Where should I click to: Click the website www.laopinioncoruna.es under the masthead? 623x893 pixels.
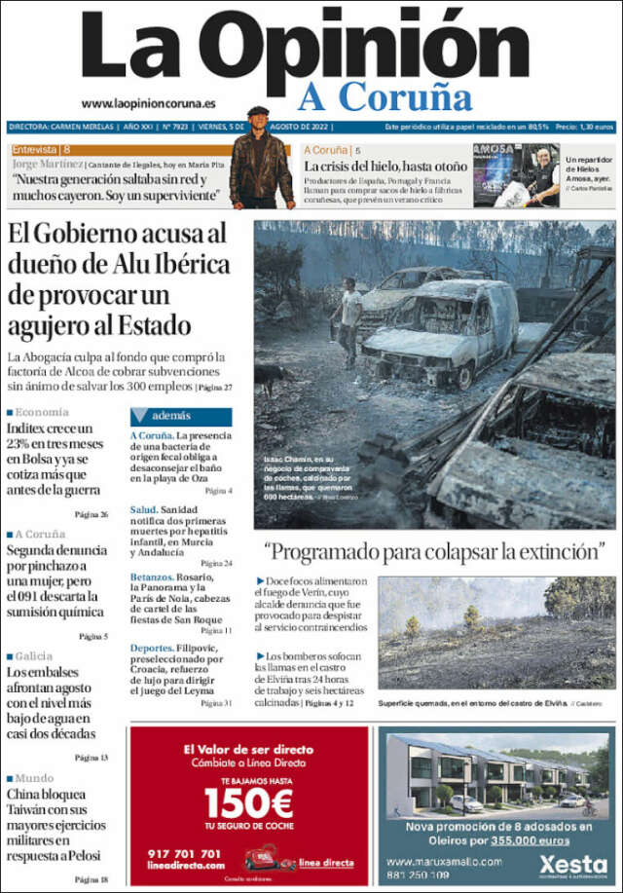pyautogui.click(x=148, y=103)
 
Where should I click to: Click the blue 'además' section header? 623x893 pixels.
pyautogui.click(x=180, y=416)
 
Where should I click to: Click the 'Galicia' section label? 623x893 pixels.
pyautogui.click(x=37, y=656)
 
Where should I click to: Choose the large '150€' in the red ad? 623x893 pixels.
pyautogui.click(x=248, y=804)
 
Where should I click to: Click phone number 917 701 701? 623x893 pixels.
pyautogui.click(x=184, y=854)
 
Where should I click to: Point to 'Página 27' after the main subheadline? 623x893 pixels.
pyautogui.click(x=215, y=388)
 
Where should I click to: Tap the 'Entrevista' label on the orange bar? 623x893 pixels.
pyautogui.click(x=36, y=150)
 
